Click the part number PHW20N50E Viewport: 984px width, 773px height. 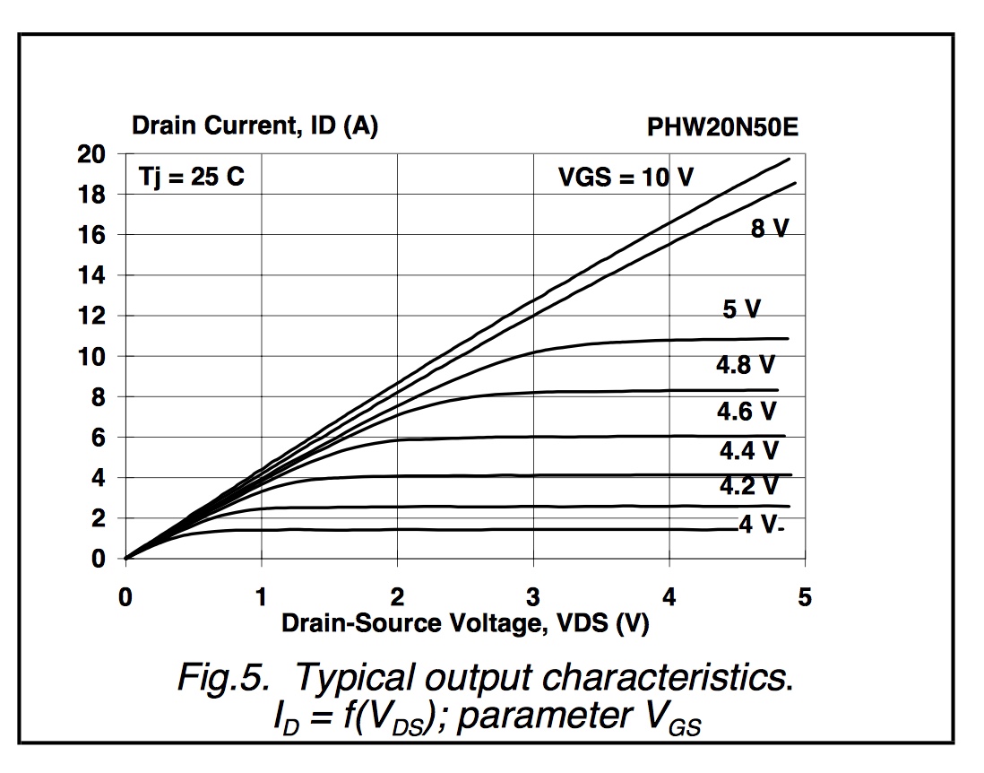(x=722, y=128)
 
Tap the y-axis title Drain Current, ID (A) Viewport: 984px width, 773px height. (x=255, y=127)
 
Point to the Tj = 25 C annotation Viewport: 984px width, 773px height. (x=191, y=177)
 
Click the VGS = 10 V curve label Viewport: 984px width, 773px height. (x=626, y=177)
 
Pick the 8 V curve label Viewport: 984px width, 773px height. (x=769, y=229)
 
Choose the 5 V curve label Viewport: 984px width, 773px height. (x=741, y=310)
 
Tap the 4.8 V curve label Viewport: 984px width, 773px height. (x=745, y=365)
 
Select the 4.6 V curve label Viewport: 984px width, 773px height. (x=747, y=412)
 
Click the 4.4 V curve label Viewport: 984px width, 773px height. (x=749, y=450)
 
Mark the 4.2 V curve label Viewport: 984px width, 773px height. (x=749, y=486)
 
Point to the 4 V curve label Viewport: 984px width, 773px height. (x=760, y=525)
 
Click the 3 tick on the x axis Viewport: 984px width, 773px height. (x=533, y=597)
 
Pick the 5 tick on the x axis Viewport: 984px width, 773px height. (x=804, y=597)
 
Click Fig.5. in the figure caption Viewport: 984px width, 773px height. (x=225, y=678)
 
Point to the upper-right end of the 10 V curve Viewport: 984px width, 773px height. (x=789, y=159)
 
